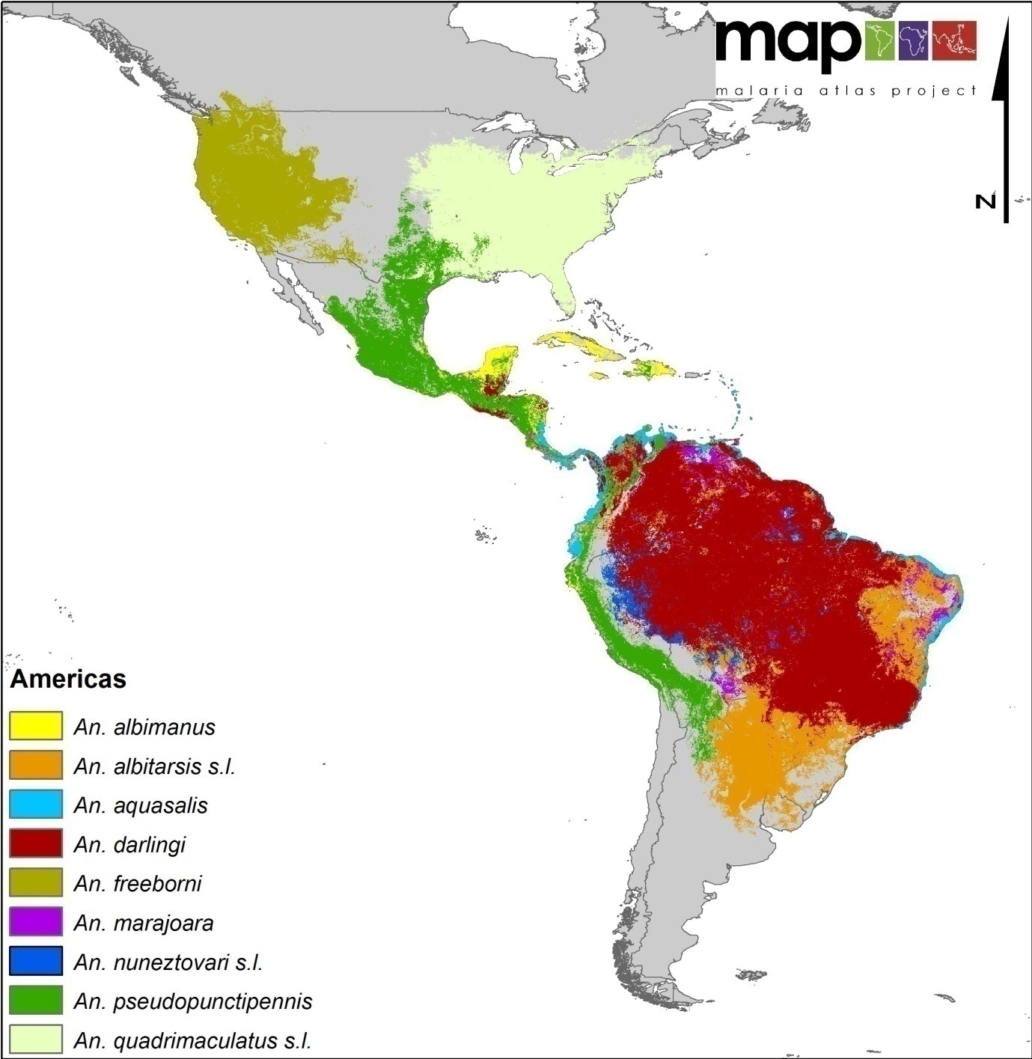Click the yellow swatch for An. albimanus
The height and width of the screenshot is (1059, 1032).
click(35, 726)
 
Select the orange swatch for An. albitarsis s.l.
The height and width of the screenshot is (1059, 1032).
click(35, 766)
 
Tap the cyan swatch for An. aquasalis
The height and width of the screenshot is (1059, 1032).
click(35, 805)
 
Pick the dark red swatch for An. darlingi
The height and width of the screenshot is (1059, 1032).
click(35, 843)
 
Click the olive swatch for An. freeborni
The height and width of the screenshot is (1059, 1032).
click(35, 883)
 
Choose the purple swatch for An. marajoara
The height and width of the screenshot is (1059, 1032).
click(35, 922)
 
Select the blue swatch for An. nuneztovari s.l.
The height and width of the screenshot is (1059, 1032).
click(35, 962)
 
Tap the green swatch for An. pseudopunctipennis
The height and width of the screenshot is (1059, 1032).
click(35, 1001)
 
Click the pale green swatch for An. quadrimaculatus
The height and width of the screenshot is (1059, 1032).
click(35, 1040)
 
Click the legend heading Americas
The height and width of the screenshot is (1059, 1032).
click(68, 680)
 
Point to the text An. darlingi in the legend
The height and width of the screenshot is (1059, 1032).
click(129, 845)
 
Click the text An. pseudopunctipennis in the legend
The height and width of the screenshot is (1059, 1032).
click(193, 1001)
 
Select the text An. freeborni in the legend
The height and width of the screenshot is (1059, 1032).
click(138, 884)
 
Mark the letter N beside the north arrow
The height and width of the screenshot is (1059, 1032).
click(986, 201)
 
